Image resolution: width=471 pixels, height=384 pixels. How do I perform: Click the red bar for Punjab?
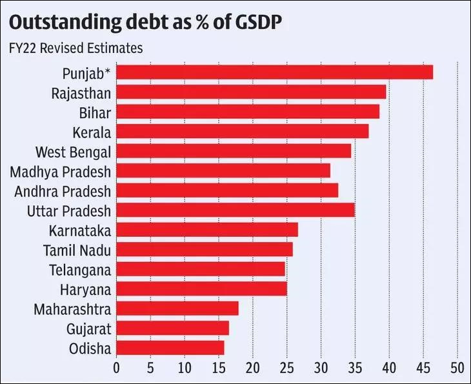274,72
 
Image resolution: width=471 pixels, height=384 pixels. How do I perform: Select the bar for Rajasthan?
251,92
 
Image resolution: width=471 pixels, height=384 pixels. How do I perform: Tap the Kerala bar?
243,132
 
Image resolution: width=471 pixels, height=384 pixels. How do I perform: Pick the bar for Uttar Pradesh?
235,210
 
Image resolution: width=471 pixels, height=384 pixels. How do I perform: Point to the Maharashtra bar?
177,308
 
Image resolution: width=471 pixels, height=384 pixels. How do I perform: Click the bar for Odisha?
170,348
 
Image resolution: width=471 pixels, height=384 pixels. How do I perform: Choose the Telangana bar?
201,269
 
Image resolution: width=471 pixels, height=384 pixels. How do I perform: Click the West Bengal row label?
73,152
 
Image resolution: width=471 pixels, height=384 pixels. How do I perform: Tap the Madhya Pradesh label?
61,172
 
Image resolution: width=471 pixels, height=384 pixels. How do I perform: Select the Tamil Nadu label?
77,250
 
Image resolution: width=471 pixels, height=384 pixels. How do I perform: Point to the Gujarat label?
88,328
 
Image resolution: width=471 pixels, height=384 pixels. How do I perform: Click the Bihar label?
95,112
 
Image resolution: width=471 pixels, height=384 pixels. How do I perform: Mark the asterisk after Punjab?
107,71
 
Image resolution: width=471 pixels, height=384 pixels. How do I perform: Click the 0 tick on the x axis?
116,369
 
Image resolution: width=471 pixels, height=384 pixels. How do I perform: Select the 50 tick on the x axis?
457,369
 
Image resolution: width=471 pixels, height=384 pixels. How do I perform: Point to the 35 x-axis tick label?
355,369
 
